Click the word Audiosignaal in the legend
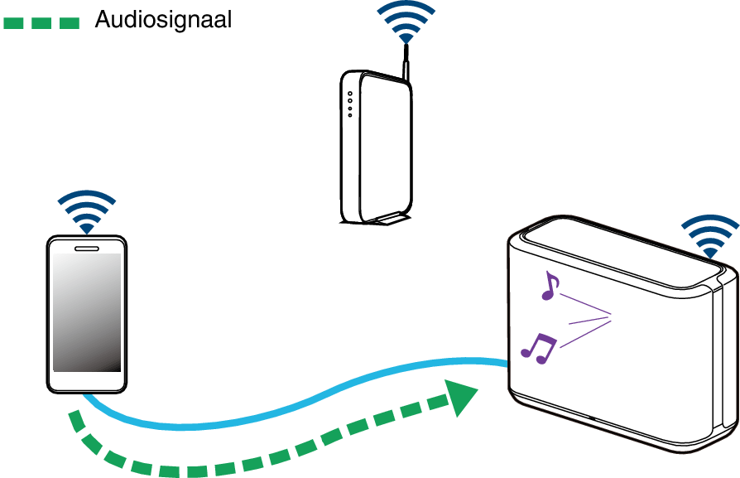coord(162,20)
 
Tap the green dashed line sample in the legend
coord(41,22)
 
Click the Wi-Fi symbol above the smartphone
coord(86,211)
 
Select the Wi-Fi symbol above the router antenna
coord(406,22)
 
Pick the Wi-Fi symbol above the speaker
coord(709,235)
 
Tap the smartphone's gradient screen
coord(86,311)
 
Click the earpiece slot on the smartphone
coord(86,247)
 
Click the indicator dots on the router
coord(350,104)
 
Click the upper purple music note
coord(548,286)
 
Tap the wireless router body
coord(377,149)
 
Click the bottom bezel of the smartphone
coord(86,382)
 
